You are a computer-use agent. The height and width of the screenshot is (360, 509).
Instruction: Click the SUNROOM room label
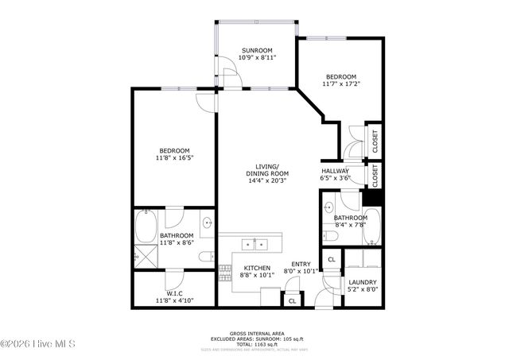click(x=257, y=50)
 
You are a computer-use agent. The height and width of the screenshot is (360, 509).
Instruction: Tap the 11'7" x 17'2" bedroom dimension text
click(x=341, y=83)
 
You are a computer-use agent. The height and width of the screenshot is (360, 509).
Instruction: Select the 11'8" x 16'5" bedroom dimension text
click(x=175, y=158)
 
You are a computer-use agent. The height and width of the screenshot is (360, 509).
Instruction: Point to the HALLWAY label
click(x=335, y=172)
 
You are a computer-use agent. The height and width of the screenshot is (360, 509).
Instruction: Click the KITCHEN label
click(x=257, y=268)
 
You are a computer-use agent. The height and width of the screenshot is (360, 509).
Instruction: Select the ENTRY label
click(x=301, y=265)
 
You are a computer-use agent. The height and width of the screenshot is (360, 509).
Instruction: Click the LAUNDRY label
click(x=361, y=282)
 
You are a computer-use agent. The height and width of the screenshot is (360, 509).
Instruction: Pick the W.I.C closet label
click(x=175, y=293)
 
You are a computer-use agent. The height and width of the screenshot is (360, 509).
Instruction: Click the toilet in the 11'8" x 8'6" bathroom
click(x=204, y=257)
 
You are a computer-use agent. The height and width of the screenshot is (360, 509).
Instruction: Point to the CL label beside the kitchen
click(x=292, y=301)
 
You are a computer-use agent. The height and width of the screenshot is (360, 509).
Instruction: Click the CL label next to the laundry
click(x=332, y=260)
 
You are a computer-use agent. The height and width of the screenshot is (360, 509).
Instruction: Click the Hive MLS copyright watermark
click(x=38, y=343)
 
